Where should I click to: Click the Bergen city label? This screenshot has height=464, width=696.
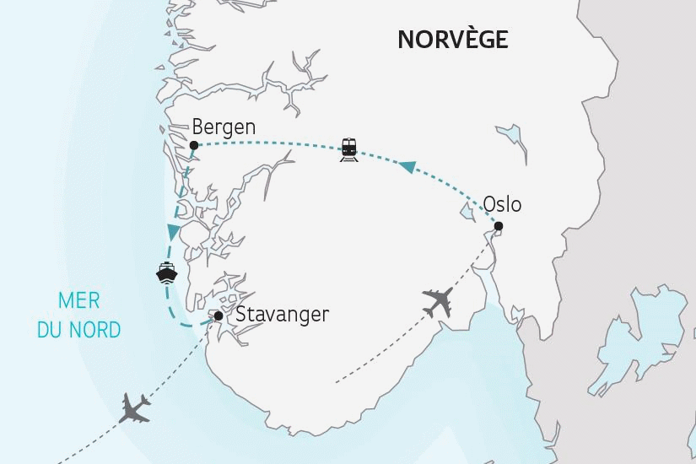pos(224,127)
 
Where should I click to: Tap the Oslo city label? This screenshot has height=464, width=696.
pos(502,205)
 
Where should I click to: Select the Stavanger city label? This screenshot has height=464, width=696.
pos(282,316)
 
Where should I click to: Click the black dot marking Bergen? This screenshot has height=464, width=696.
pos(194,145)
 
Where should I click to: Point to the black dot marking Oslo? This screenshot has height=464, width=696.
pos(499,225)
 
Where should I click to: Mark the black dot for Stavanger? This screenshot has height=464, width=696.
pos(219,316)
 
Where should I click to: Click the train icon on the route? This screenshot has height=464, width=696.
pos(348,149)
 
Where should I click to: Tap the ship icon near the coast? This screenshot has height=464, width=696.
pos(165,274)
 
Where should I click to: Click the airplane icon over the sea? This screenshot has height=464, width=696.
pos(136,408)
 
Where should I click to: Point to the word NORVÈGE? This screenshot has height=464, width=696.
pos(452,40)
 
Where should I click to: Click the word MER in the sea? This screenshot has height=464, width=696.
pos(78,300)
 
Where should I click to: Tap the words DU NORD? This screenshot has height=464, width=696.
pos(78,328)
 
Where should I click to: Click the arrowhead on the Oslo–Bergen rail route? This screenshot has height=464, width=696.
pos(407,169)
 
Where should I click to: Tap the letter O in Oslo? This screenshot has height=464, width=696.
pos(490,205)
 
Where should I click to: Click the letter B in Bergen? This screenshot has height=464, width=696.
pos(199,127)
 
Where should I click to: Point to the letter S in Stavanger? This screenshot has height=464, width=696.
pos(242,316)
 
